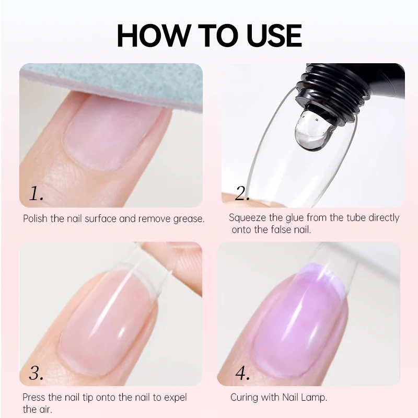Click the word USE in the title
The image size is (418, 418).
(274, 36)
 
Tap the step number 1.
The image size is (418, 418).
(36, 193)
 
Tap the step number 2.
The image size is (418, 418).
(242, 193)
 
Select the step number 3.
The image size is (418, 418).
(36, 373)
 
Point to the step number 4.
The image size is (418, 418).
(242, 373)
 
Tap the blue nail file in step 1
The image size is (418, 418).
(112, 83)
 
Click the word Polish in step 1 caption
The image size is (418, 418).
(36, 218)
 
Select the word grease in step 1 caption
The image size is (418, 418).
(189, 219)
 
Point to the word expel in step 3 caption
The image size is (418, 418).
(176, 398)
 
